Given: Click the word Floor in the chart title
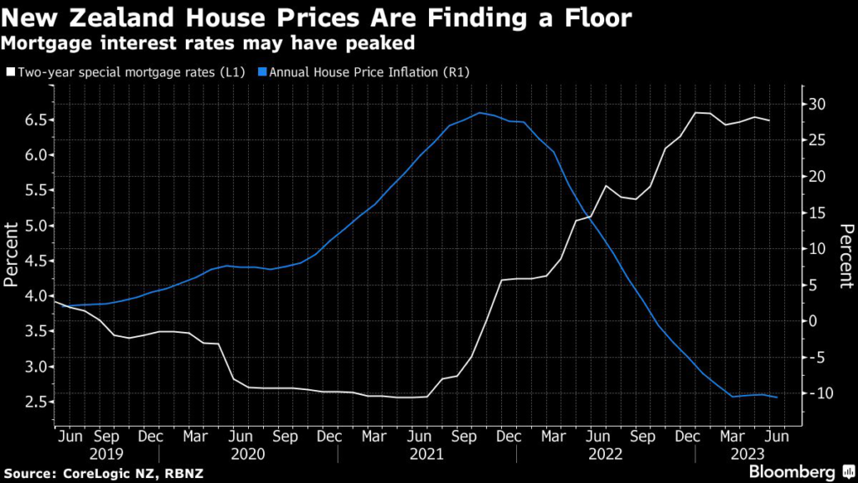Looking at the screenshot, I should coord(594,18).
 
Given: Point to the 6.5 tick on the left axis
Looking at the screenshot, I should coord(32,120).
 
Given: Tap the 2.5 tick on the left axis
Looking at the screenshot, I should coord(32,402).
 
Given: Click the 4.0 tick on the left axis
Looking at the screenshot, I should coord(32,296).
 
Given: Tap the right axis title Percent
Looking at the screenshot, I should coord(845,255).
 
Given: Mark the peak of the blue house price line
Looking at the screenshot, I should coord(480,112).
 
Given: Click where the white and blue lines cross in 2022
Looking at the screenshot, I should coord(590,217).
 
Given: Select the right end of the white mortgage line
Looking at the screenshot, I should coord(769,121).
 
